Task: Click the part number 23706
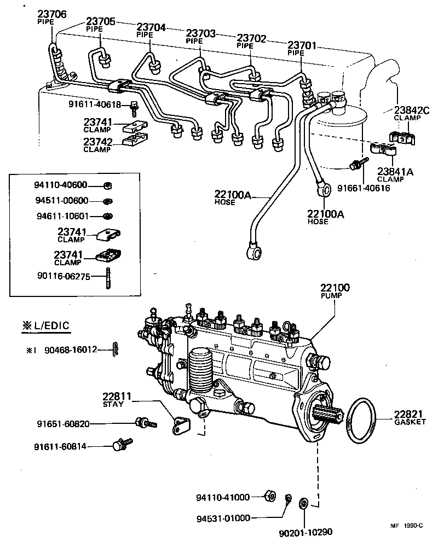click(x=52, y=14)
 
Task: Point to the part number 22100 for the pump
click(x=335, y=288)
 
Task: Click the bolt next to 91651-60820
click(x=144, y=423)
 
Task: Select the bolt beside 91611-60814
click(x=121, y=445)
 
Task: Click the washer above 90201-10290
click(x=303, y=503)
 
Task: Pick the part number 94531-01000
click(x=223, y=517)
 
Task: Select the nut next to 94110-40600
click(x=108, y=186)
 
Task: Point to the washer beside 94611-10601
click(x=108, y=215)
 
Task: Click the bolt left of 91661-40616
click(x=356, y=163)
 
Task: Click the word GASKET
click(x=408, y=422)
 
